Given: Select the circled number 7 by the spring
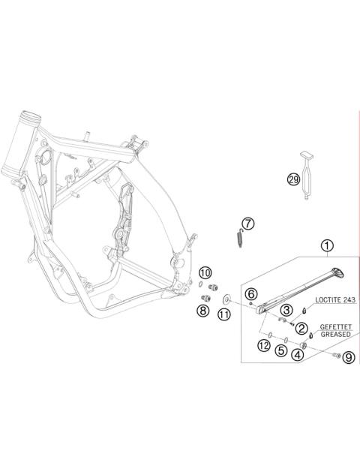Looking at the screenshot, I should [248, 223].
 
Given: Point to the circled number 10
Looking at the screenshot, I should [205, 272].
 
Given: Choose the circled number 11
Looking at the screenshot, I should [224, 314].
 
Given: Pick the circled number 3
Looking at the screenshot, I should [286, 310].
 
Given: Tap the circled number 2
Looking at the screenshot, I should [301, 328].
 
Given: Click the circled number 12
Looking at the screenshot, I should [263, 345].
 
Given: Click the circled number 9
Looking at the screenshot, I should [348, 358].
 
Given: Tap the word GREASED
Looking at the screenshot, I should [334, 335].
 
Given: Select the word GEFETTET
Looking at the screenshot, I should [334, 328].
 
